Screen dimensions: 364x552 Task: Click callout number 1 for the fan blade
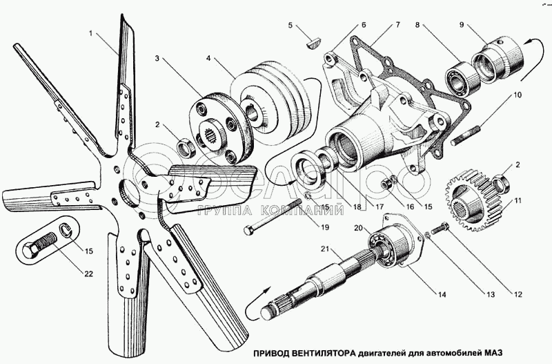[x=90, y=33]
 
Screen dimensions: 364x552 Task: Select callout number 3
[x=158, y=59]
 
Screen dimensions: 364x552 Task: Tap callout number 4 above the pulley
[x=209, y=59]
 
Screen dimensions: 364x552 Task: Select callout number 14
[x=441, y=295]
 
